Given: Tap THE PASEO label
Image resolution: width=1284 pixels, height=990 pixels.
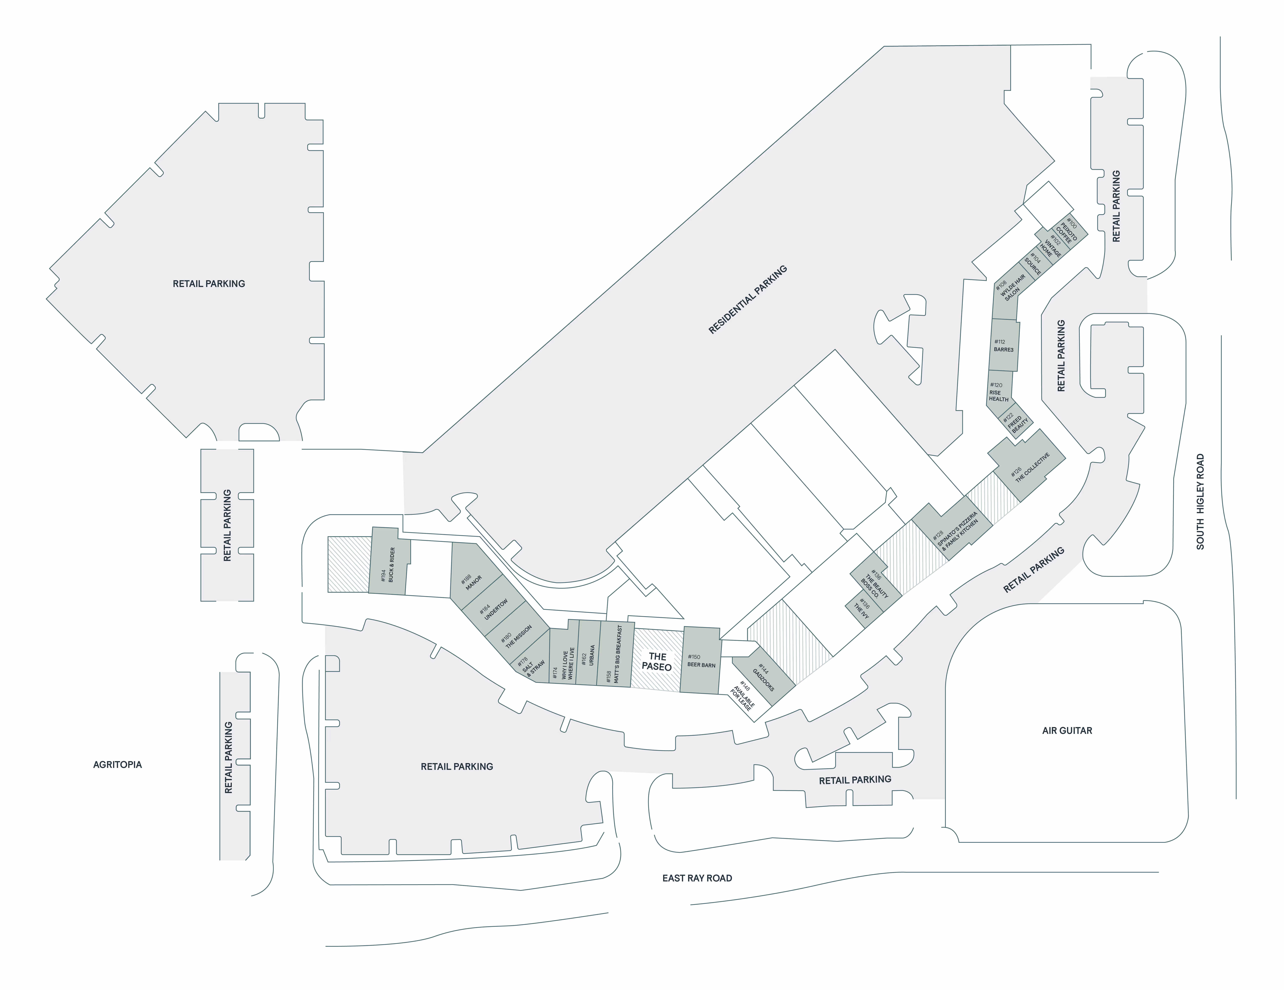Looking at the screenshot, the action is tap(657, 661).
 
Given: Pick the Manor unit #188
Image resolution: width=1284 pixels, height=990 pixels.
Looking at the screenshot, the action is tap(471, 579).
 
